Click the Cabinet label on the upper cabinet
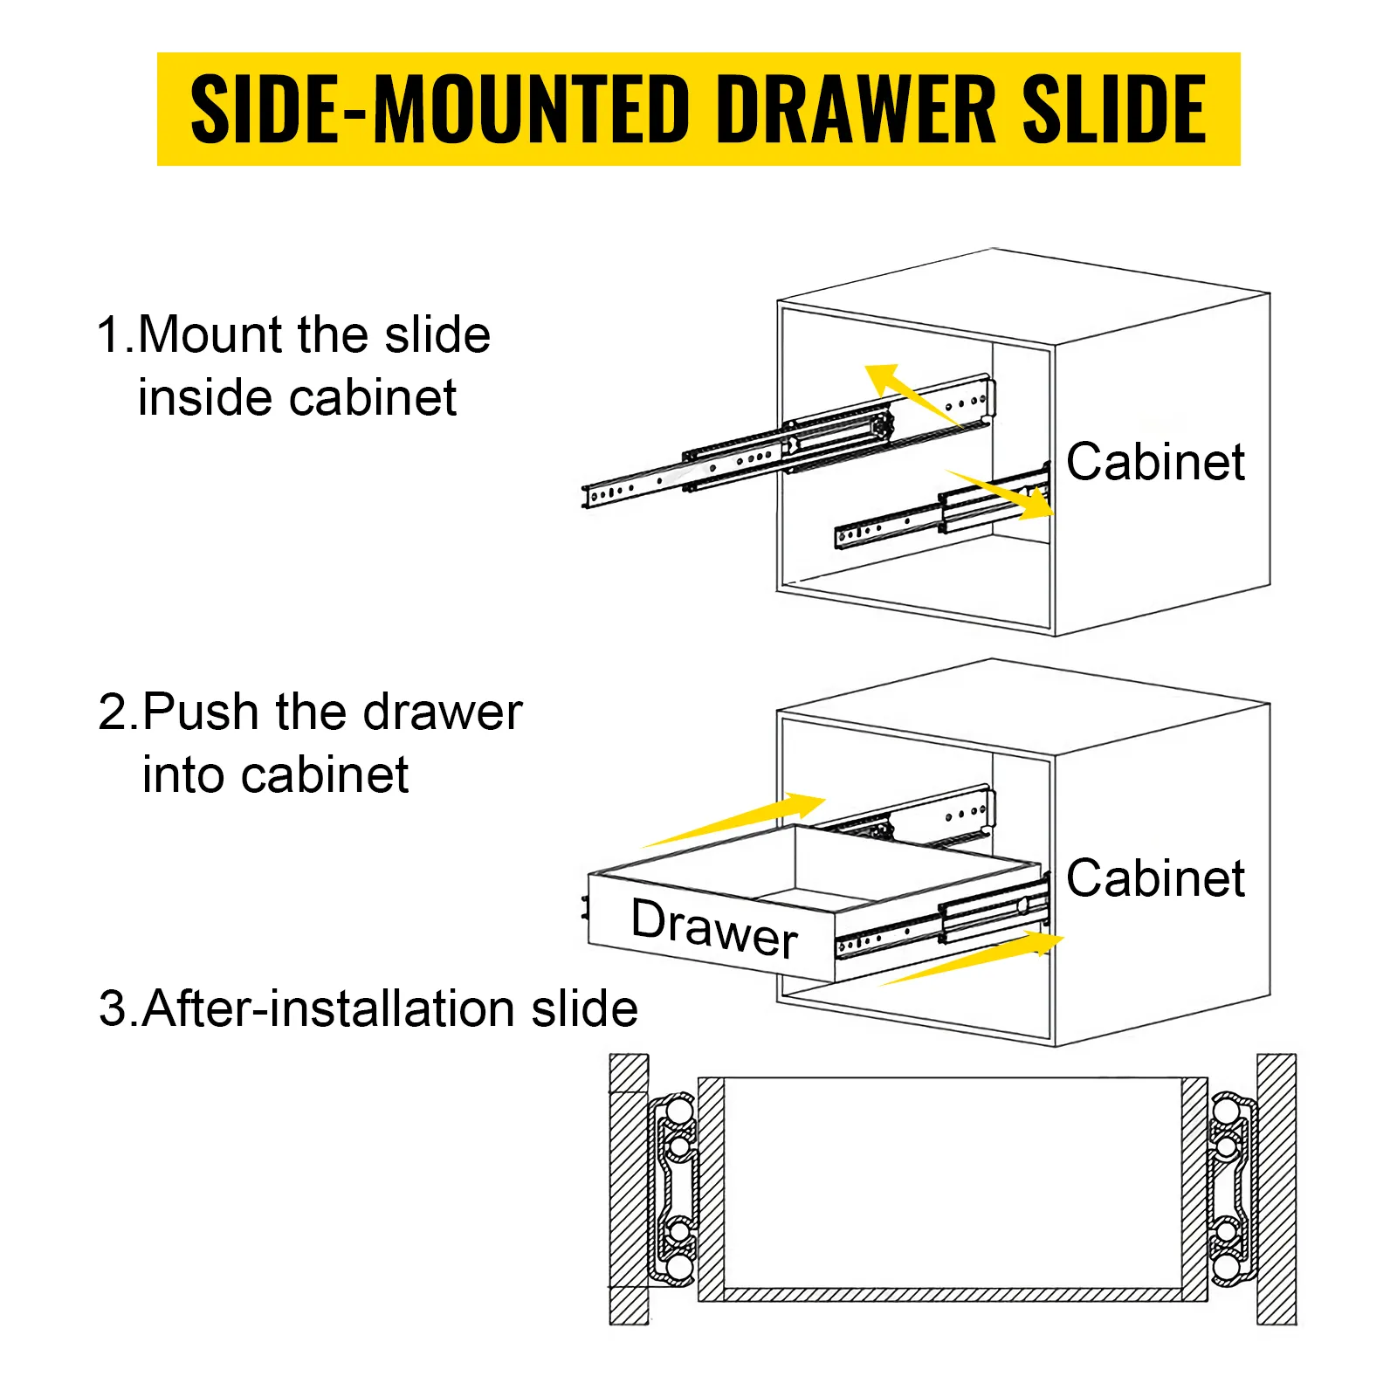point(1155,462)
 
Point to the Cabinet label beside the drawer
point(1155,878)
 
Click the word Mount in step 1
point(212,335)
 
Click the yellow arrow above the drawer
point(742,820)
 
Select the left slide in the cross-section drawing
point(673,1189)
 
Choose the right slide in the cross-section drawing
point(1232,1189)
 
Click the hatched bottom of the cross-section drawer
point(952,1294)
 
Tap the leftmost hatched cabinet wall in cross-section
point(628,1189)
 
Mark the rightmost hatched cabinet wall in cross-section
point(1276,1189)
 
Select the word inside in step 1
point(204,399)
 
